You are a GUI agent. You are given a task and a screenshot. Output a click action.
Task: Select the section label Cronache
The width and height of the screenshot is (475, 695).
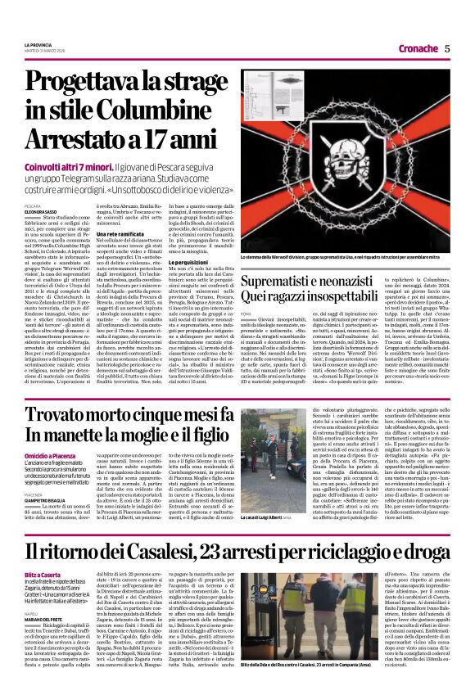tap(420, 48)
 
